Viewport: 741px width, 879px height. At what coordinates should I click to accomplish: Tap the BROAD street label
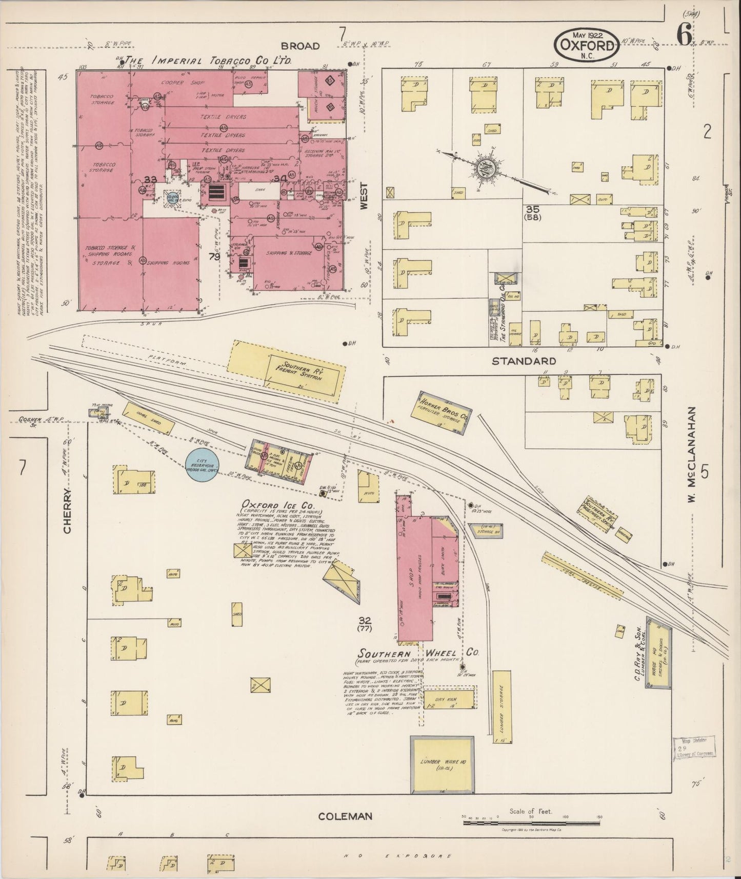click(301, 46)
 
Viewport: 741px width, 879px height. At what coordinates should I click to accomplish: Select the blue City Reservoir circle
click(204, 465)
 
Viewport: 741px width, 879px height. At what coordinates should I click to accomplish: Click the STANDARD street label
click(523, 361)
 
